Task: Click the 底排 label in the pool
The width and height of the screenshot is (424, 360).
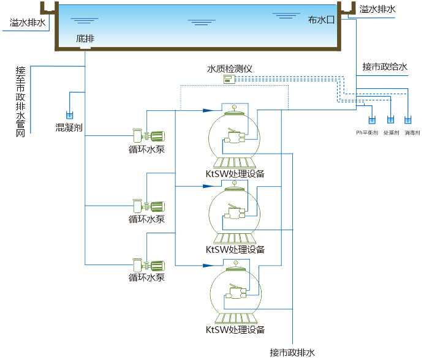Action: [85, 39]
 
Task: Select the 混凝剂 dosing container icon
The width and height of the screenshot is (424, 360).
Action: [69, 114]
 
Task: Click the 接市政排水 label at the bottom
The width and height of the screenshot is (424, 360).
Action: [292, 353]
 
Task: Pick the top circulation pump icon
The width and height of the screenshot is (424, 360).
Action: [148, 135]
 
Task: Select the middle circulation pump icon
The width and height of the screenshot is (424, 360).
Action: [148, 206]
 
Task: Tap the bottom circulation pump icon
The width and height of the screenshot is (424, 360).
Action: [148, 265]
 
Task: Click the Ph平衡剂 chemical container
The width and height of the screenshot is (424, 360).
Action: [370, 121]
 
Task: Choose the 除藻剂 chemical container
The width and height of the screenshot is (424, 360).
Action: [390, 121]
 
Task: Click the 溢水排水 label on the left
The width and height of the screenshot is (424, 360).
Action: [28, 23]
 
